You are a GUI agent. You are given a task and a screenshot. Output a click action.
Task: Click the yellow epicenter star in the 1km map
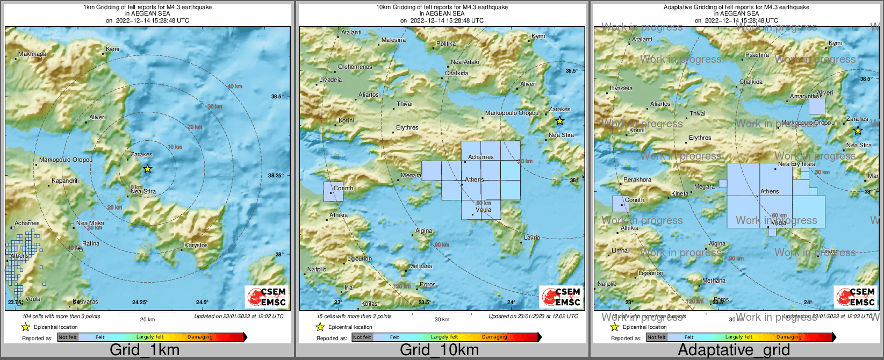[148, 169]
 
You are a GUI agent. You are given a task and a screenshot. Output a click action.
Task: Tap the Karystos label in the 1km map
[196, 245]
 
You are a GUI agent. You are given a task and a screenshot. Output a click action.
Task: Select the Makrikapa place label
[32, 54]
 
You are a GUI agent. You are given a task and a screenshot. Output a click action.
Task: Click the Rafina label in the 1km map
[91, 243]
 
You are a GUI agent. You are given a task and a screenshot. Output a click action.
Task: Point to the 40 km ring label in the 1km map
[234, 87]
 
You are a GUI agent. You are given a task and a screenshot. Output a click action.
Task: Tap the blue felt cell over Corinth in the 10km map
[333, 192]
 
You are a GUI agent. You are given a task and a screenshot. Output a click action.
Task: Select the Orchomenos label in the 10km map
[355, 67]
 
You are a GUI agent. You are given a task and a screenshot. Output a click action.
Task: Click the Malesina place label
[393, 40]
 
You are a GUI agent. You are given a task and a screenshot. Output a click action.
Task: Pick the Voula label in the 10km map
[483, 210]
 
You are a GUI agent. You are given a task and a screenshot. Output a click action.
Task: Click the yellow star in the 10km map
[559, 121]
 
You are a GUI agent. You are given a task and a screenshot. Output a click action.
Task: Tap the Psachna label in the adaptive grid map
[757, 55]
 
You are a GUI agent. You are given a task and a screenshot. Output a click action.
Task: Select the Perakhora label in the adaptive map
[637, 179]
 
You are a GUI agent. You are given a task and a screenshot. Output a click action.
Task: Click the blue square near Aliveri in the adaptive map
[817, 106]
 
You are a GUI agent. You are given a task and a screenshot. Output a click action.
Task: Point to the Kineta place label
[679, 193]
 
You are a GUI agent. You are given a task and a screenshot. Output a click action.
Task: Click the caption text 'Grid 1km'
[145, 350]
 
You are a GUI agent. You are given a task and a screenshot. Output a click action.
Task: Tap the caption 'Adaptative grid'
[734, 350]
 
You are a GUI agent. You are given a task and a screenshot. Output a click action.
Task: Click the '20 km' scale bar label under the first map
[147, 319]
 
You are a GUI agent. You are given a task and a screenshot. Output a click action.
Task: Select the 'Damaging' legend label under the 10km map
[494, 337]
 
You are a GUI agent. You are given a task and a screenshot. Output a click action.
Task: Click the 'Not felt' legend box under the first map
[68, 337]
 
